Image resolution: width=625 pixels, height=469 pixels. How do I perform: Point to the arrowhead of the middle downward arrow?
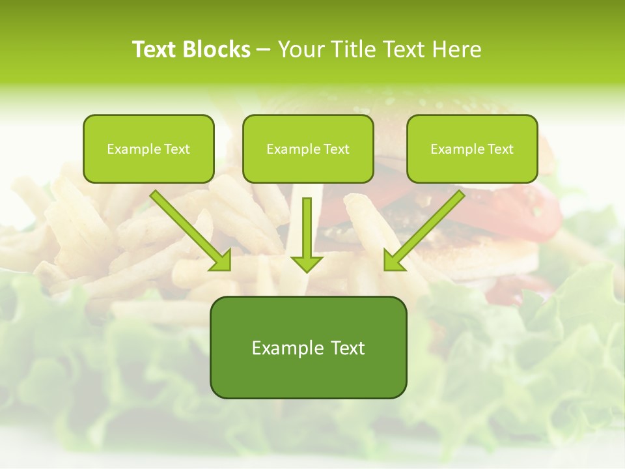point(307,263)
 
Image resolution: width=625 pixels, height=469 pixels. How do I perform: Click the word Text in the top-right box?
point(501,149)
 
